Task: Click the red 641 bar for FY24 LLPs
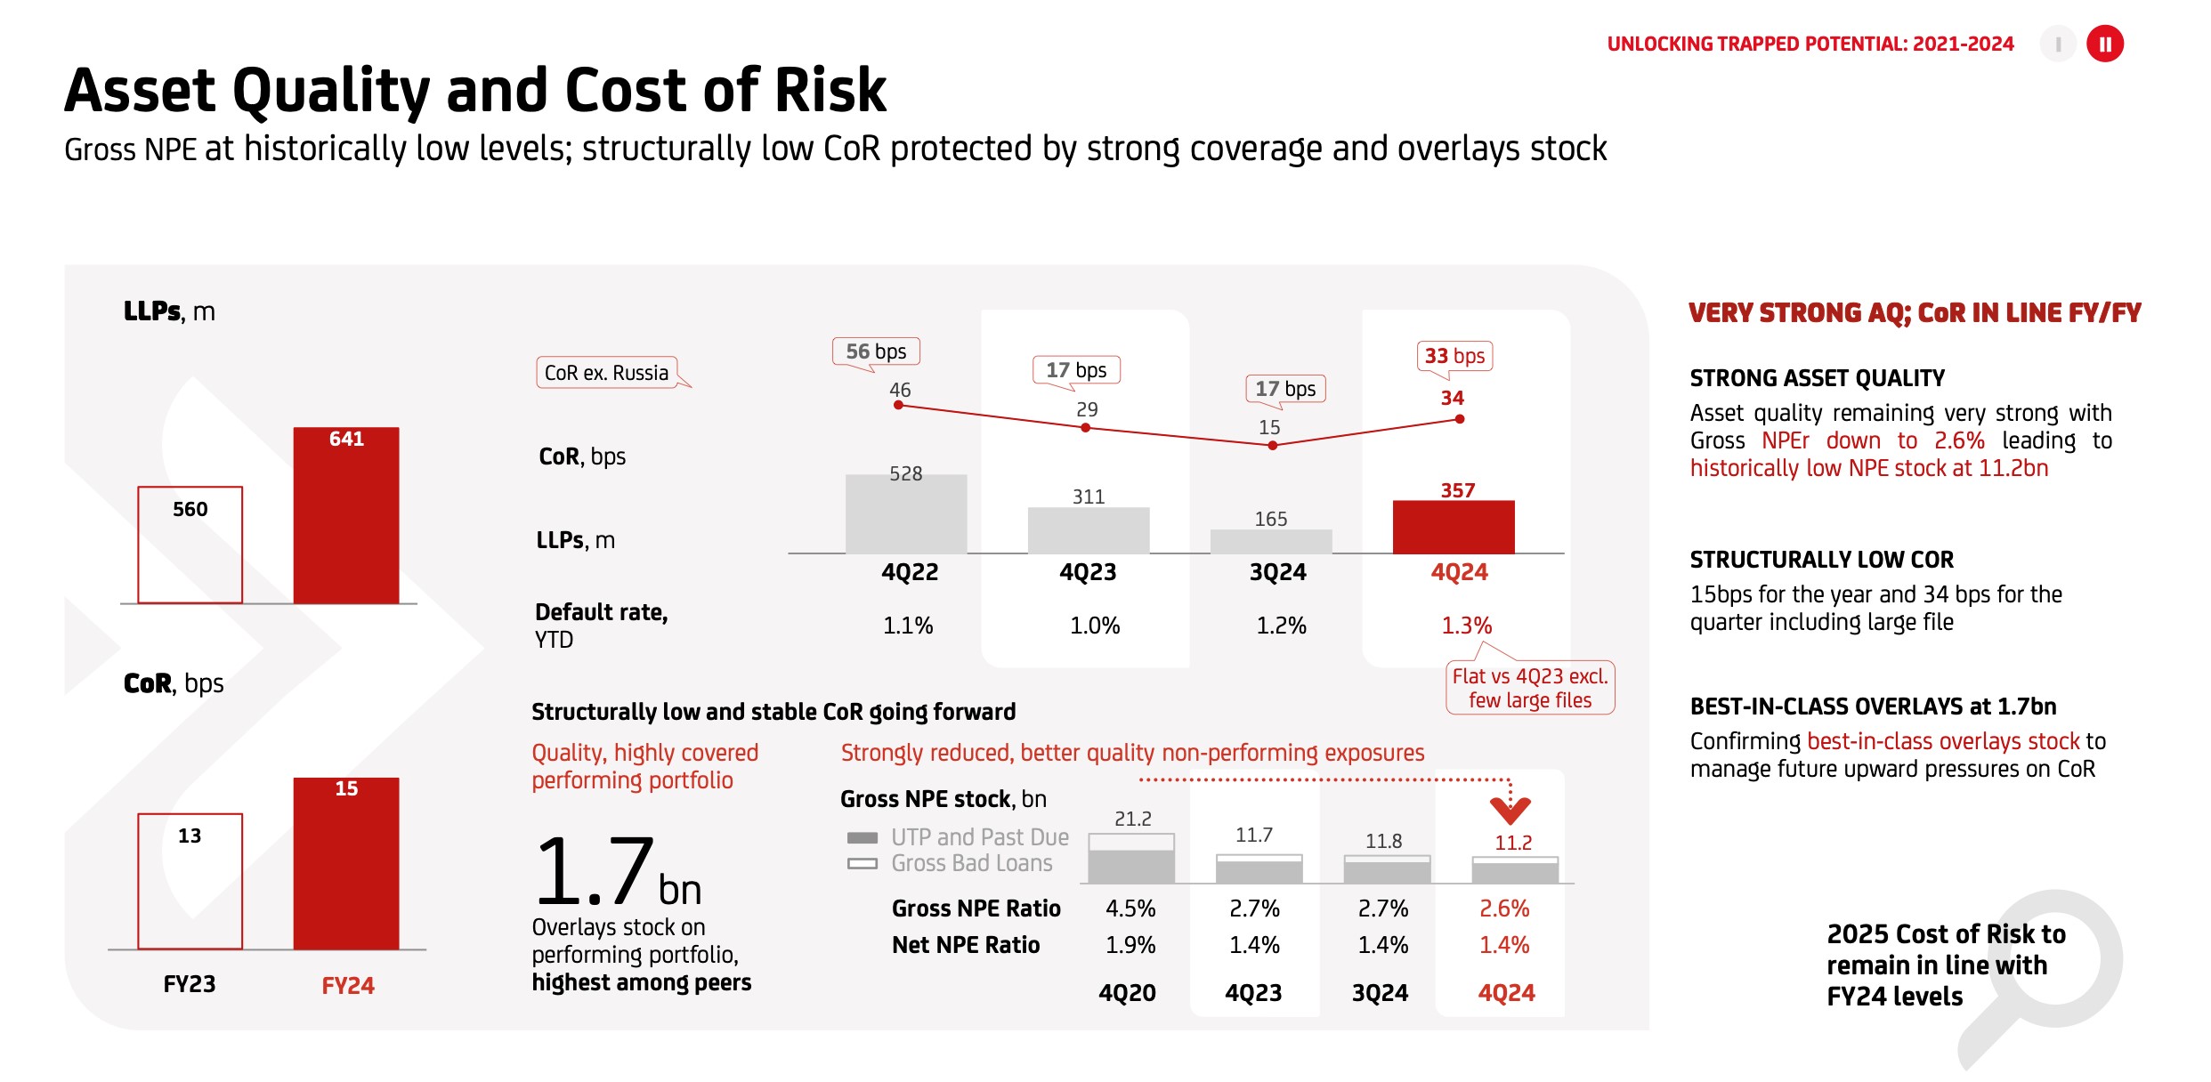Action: click(346, 516)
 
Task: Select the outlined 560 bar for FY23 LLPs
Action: click(190, 545)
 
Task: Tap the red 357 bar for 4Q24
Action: click(1454, 527)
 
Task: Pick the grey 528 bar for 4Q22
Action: click(906, 514)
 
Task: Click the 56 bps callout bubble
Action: click(876, 351)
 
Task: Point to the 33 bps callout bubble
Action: click(1454, 356)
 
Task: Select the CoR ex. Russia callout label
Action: click(607, 373)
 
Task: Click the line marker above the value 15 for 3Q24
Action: click(1273, 445)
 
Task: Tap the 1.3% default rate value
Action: click(1466, 626)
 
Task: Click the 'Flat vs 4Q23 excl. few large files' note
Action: click(1530, 688)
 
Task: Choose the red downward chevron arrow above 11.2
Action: click(1510, 809)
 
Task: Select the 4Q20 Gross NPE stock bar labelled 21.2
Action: click(1131, 858)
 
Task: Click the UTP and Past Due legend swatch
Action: click(862, 837)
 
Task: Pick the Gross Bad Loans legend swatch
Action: click(862, 863)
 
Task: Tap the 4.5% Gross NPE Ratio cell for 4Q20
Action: click(1130, 908)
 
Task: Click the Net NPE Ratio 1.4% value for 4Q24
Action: click(1504, 945)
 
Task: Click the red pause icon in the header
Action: click(2105, 44)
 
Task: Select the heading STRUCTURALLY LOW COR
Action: click(1821, 560)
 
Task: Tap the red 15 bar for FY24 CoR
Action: click(346, 863)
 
